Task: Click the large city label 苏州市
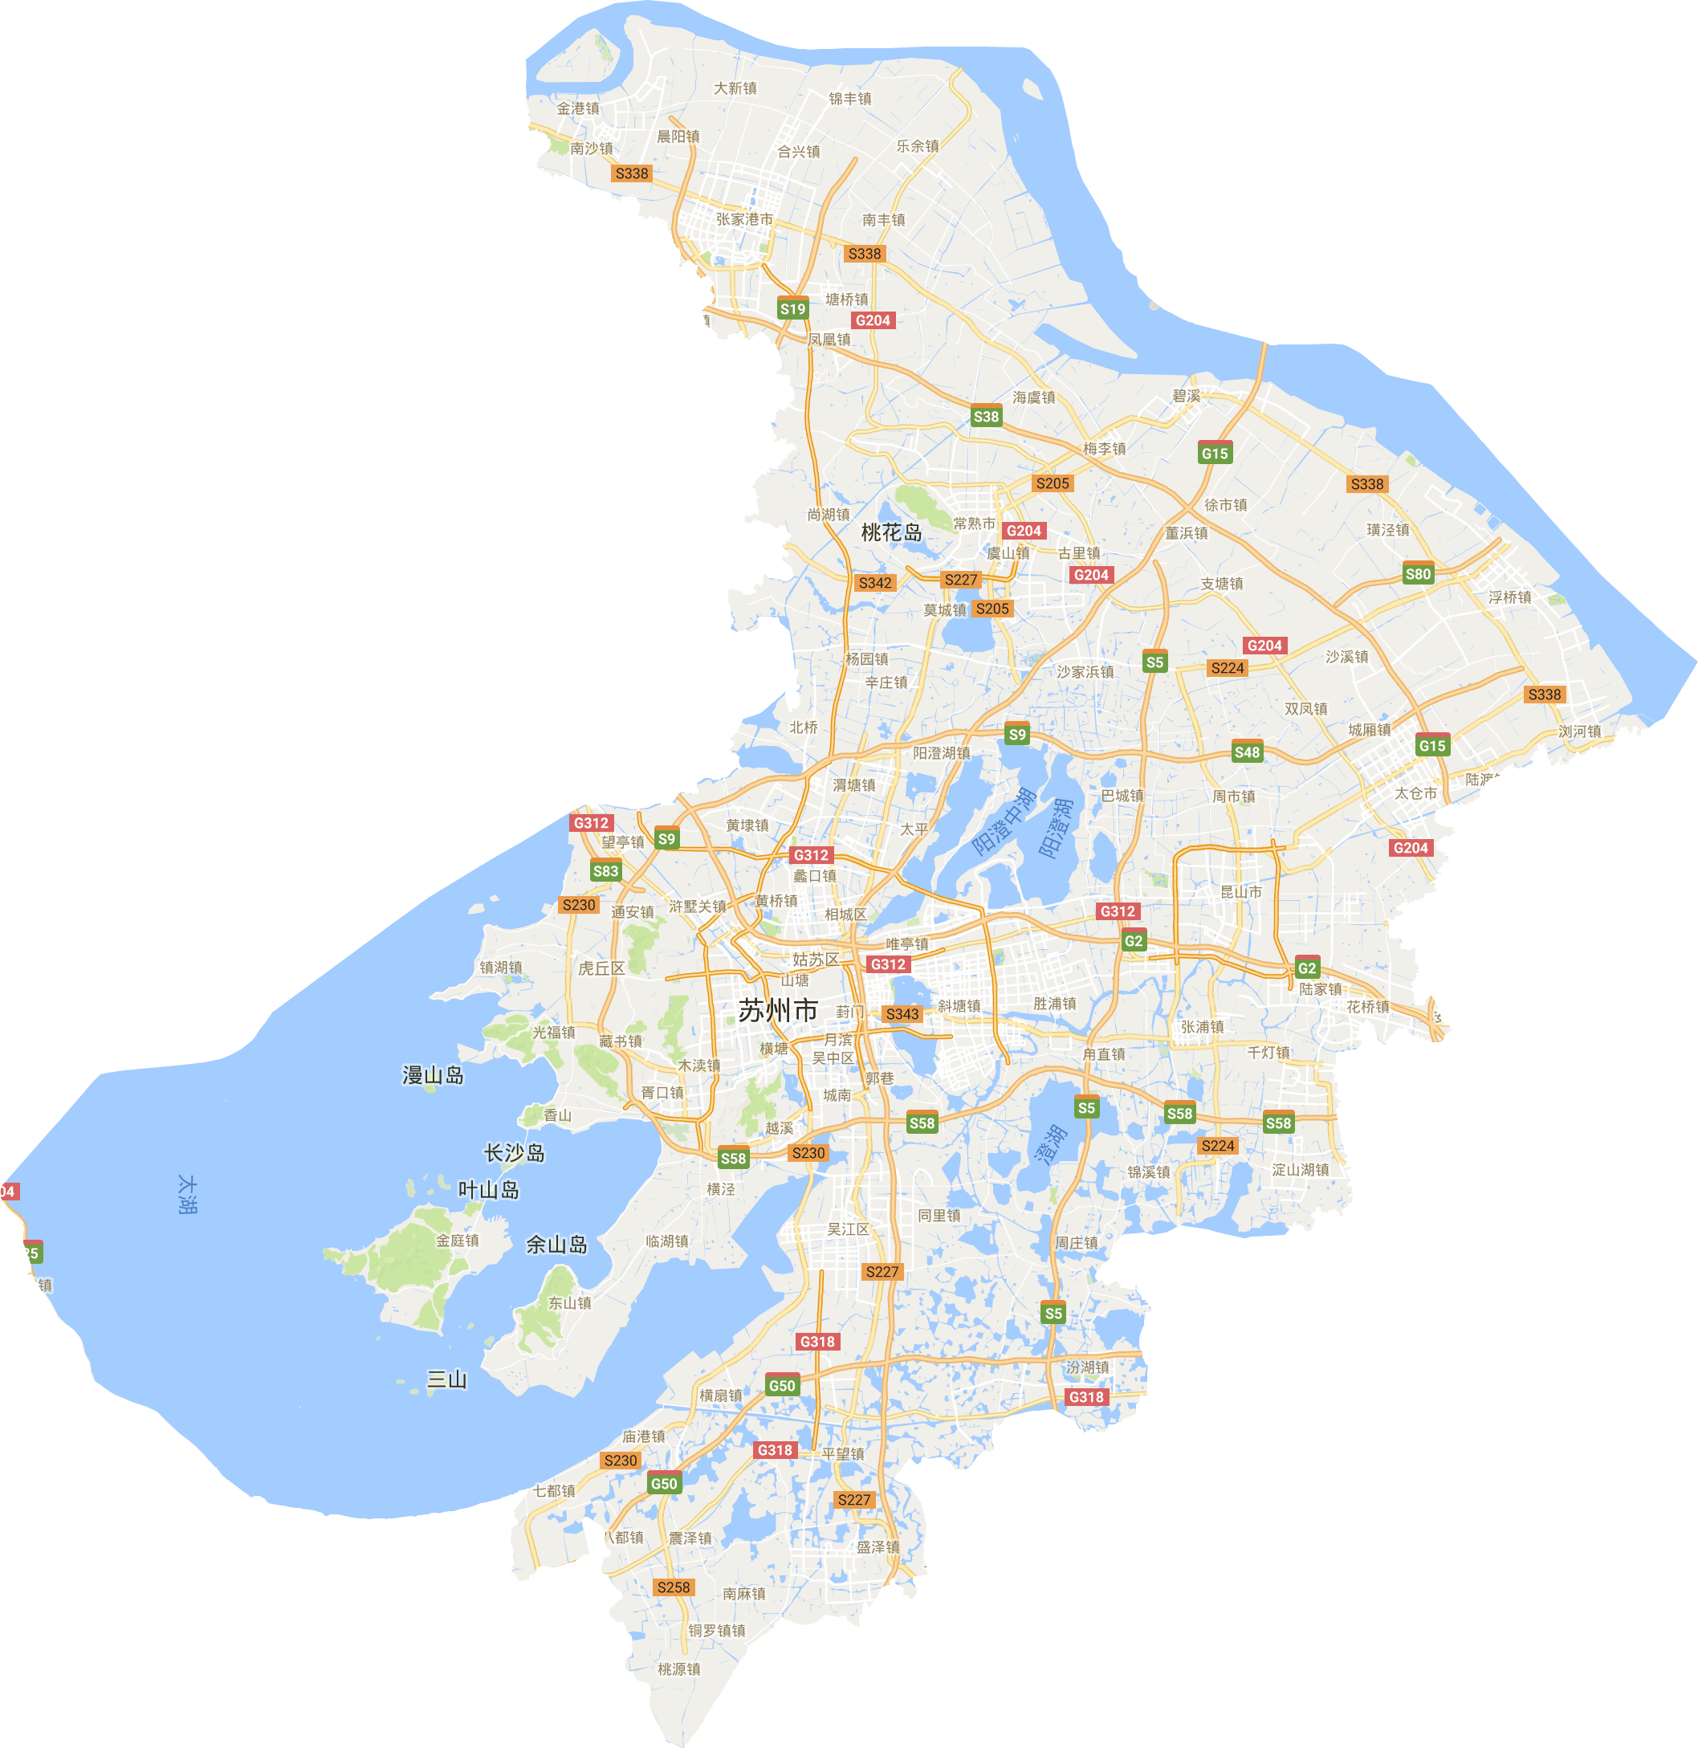tap(778, 1010)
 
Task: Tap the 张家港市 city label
tap(745, 219)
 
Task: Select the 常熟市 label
tap(974, 524)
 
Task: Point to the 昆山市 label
tap(1240, 892)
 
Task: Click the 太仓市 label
tap(1415, 793)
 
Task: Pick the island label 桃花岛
tap(891, 532)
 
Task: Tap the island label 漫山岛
tap(433, 1076)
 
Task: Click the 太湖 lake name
tap(187, 1194)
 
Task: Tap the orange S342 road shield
tap(874, 582)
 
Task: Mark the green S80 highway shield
tap(1417, 574)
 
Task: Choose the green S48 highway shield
tap(1247, 752)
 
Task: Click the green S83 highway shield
tap(605, 871)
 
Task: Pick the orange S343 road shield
tap(902, 1014)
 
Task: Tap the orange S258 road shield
tap(673, 1587)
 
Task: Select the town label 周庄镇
tap(1077, 1242)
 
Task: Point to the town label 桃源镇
tap(678, 1669)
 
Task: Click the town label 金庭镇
tap(458, 1241)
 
